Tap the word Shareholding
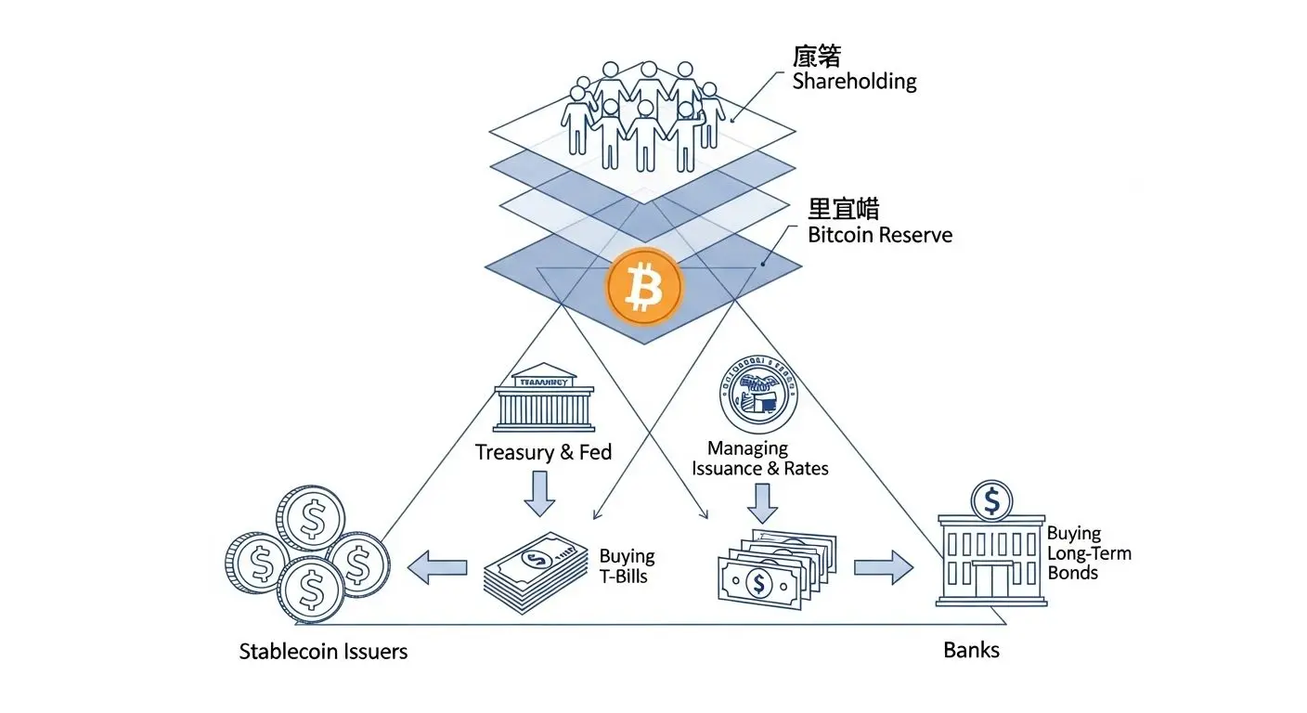[x=854, y=81]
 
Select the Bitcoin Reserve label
[x=879, y=235]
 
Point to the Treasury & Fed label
[x=543, y=452]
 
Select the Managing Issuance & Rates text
[x=759, y=459]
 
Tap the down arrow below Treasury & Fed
[x=539, y=493]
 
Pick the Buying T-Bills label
[x=627, y=565]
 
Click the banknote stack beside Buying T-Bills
[x=537, y=573]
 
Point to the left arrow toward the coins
[x=438, y=566]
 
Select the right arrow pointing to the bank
[x=883, y=566]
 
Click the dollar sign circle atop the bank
[x=992, y=501]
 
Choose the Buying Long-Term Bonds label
[x=1089, y=552]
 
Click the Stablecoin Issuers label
[x=323, y=651]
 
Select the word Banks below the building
[x=971, y=649]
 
